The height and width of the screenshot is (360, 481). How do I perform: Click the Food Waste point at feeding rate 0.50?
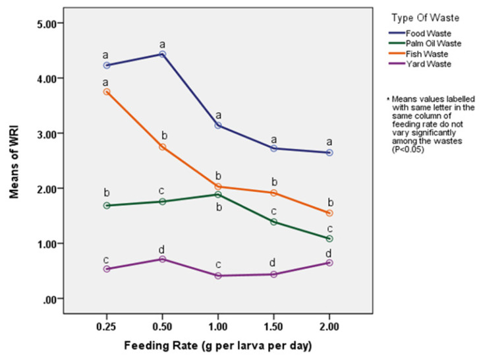[162, 54]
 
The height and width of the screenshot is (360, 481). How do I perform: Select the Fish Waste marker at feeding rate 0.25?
[107, 92]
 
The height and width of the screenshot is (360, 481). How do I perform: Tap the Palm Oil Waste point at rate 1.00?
[217, 195]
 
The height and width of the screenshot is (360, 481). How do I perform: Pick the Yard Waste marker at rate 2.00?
[329, 262]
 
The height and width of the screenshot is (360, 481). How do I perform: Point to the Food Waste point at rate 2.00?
[329, 152]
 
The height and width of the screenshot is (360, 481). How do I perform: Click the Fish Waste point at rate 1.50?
[273, 193]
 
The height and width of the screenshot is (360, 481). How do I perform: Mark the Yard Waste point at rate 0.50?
[162, 259]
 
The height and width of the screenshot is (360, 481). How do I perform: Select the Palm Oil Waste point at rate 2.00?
[329, 238]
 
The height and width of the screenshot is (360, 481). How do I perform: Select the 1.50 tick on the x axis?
[273, 325]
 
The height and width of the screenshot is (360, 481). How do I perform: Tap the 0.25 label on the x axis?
[107, 325]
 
